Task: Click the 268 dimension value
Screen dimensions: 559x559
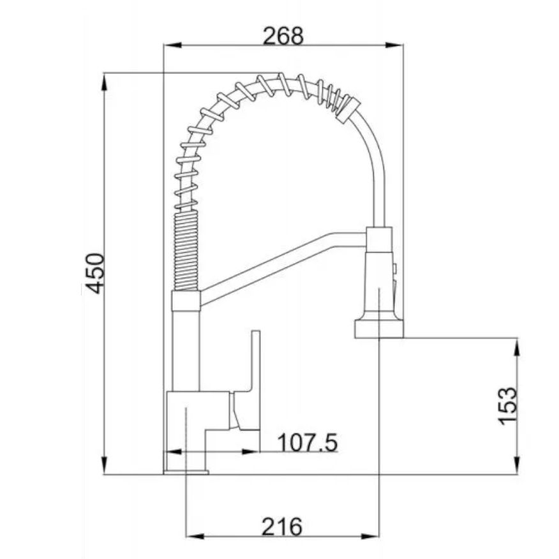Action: (283, 36)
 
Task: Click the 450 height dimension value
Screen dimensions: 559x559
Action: (95, 273)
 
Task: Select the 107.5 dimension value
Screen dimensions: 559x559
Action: (307, 442)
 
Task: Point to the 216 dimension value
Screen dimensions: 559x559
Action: (282, 526)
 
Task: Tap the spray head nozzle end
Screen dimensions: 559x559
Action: (379, 329)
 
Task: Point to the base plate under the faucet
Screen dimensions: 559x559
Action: (186, 472)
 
